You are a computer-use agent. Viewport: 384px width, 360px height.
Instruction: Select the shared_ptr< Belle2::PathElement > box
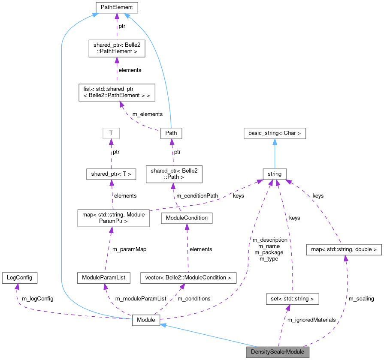click(117, 48)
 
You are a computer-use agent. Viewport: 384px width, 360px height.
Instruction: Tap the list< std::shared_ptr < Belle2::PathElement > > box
click(117, 92)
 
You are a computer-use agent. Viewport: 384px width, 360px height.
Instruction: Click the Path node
click(171, 133)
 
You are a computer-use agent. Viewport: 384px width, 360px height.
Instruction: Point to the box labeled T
click(111, 133)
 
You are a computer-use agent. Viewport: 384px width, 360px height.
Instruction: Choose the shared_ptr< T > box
click(111, 174)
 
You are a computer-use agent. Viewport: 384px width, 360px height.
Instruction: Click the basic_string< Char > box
click(275, 133)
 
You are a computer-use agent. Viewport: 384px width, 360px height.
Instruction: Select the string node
click(275, 174)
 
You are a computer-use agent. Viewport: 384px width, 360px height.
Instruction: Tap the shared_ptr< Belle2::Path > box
click(174, 174)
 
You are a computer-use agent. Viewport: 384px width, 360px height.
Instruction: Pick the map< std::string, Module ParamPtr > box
click(113, 218)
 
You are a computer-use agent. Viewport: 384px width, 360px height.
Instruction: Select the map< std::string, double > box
click(344, 249)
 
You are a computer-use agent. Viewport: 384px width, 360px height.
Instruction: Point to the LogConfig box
click(19, 277)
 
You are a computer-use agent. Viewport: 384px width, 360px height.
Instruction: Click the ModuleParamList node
click(103, 277)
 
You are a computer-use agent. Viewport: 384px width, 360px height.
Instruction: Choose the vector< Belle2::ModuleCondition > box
click(188, 277)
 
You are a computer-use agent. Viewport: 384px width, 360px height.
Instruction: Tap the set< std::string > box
click(292, 298)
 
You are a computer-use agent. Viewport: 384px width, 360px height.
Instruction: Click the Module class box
click(146, 320)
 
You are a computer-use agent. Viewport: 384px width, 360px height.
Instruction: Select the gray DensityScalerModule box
click(277, 352)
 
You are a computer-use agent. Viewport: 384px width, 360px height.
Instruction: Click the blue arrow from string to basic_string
click(275, 153)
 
